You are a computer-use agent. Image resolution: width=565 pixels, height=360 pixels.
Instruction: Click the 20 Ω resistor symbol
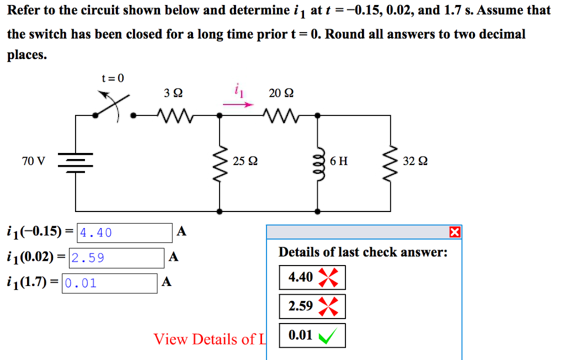click(281, 115)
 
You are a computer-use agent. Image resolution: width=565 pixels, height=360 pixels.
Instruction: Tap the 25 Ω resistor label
click(245, 161)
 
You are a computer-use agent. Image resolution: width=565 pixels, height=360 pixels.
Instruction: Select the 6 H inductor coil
click(317, 161)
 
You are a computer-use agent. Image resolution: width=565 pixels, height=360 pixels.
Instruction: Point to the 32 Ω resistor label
click(415, 161)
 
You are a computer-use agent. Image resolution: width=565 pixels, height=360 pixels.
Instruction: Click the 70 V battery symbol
click(76, 161)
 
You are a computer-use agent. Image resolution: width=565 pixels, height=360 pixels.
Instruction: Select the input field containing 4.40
click(125, 233)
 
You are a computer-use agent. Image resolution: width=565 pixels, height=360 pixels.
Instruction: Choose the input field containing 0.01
click(110, 284)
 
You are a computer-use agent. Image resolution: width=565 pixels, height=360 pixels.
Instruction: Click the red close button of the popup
click(455, 232)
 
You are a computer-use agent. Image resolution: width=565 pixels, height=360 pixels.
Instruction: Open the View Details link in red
click(209, 339)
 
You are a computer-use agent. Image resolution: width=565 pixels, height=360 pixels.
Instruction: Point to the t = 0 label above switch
click(113, 78)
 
